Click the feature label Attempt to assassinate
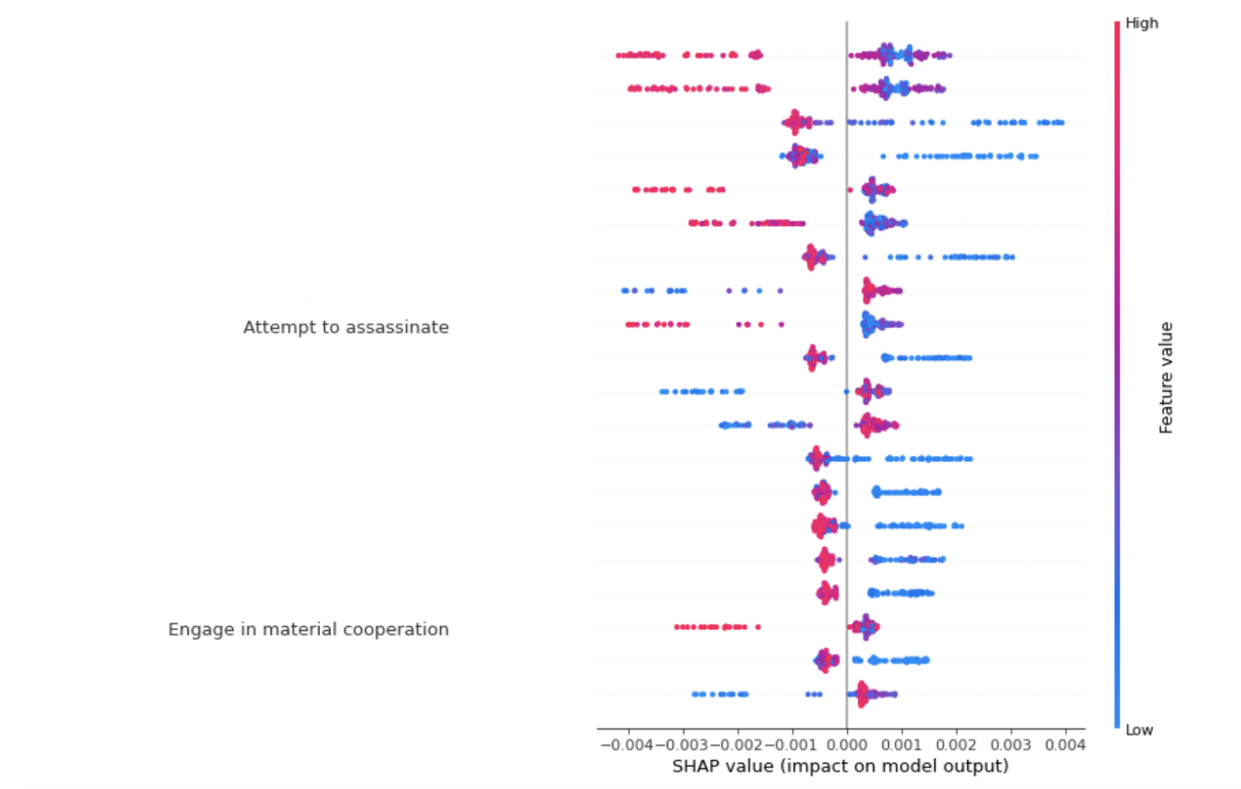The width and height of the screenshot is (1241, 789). [346, 327]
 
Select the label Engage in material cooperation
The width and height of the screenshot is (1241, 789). [308, 629]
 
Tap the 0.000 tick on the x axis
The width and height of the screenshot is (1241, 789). [846, 745]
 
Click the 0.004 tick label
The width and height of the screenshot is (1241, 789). [1065, 745]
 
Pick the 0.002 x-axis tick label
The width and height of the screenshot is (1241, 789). [956, 745]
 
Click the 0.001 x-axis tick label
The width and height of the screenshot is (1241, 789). [902, 745]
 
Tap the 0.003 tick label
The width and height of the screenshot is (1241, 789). [1011, 745]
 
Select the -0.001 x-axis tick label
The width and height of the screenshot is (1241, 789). [791, 745]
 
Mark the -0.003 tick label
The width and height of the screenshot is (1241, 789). [681, 745]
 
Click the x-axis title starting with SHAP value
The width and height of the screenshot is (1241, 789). [840, 767]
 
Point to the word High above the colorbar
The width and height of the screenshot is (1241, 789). [1141, 23]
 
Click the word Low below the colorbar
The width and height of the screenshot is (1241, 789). [1139, 730]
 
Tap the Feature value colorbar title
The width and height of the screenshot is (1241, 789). [1166, 378]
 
